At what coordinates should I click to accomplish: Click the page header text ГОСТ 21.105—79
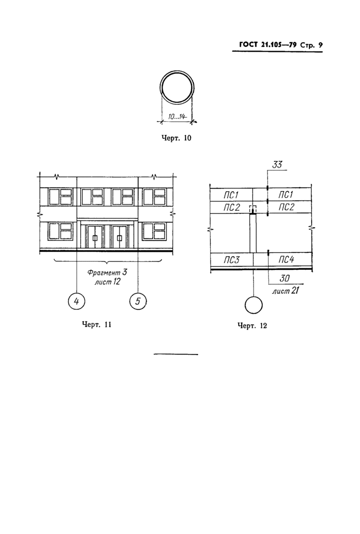coord(267,45)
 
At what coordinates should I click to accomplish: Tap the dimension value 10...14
coord(176,117)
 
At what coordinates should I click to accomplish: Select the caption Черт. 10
coord(176,138)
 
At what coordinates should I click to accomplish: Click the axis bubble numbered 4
coord(77,301)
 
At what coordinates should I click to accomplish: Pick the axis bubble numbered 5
coord(138,301)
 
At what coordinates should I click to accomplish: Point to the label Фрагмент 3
coord(107,273)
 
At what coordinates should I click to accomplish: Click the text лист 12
coord(107,282)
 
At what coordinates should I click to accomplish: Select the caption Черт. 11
coord(97,324)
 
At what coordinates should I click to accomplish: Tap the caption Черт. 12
coord(253,326)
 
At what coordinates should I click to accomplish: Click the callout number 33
coord(277,165)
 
